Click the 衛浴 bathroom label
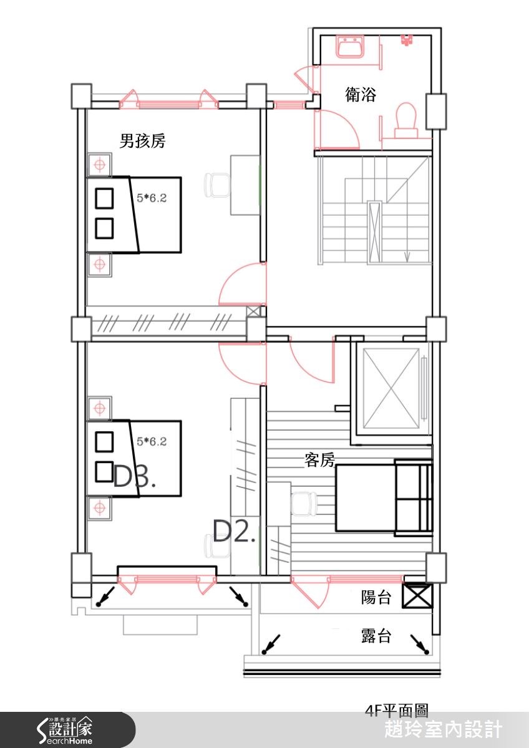point(361,95)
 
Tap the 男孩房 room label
point(142,141)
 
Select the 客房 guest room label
point(320,461)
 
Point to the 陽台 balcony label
point(376,598)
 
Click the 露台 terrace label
point(376,636)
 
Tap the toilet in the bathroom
point(406,118)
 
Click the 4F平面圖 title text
point(397,711)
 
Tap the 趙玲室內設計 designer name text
point(443,729)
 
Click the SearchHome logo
point(66,729)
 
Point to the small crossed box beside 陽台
point(417,597)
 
